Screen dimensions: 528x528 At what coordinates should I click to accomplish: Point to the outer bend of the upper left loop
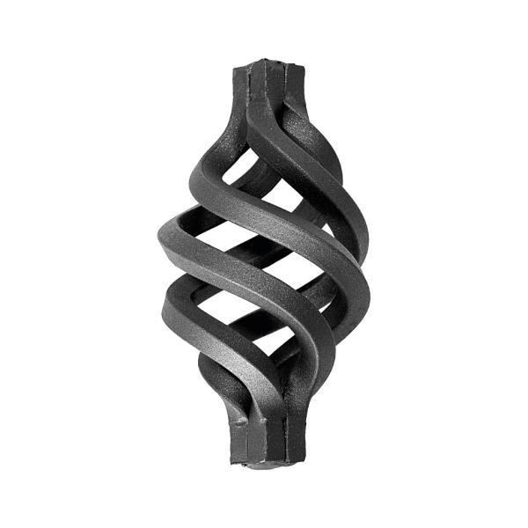point(164,238)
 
